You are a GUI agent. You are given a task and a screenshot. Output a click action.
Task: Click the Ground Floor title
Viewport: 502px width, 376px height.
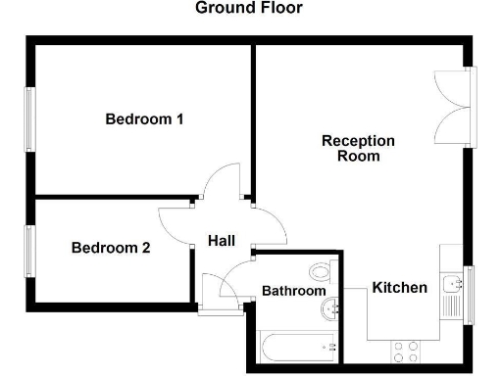pos(249,9)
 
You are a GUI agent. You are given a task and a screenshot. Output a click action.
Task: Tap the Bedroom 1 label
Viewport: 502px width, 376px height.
pos(145,120)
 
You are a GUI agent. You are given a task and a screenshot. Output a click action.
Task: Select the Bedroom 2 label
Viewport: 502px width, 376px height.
pos(111,249)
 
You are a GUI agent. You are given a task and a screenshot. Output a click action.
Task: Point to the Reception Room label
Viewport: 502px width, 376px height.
pos(358,148)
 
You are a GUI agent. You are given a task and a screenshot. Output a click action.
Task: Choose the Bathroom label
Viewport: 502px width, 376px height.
pos(293,291)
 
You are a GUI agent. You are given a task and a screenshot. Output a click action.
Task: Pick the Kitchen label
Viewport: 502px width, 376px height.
pos(399,288)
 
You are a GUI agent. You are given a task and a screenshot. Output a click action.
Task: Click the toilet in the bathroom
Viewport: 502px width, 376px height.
pos(320,270)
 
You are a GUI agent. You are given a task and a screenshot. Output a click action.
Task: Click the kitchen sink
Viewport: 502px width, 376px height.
pos(452,286)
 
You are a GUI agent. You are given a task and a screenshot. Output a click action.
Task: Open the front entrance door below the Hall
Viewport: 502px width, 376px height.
pos(221,291)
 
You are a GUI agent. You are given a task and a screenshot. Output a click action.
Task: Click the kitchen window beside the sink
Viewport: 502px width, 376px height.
pos(469,290)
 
